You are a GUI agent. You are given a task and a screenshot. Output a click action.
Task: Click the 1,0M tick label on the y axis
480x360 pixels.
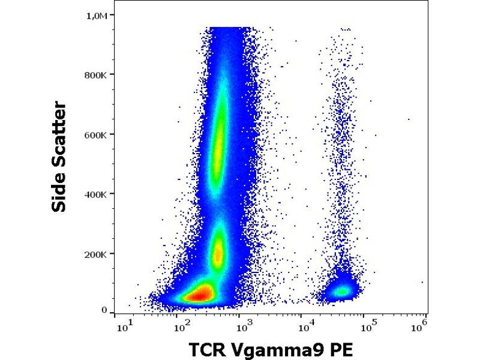tap(97, 15)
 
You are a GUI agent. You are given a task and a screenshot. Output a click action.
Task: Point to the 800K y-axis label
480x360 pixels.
tap(95, 74)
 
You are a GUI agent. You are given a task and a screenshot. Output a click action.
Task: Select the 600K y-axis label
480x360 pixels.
tap(95, 134)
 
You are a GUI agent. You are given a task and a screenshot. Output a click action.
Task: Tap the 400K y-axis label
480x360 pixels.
tap(95, 194)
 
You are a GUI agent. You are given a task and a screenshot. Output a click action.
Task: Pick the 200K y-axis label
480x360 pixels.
tap(95, 254)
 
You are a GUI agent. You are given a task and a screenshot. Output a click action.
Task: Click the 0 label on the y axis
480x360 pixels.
tap(104, 310)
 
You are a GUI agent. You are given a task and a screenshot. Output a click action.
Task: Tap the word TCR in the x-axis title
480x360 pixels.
tap(208, 349)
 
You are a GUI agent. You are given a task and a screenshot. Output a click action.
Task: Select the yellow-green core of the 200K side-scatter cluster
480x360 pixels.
tap(218, 252)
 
